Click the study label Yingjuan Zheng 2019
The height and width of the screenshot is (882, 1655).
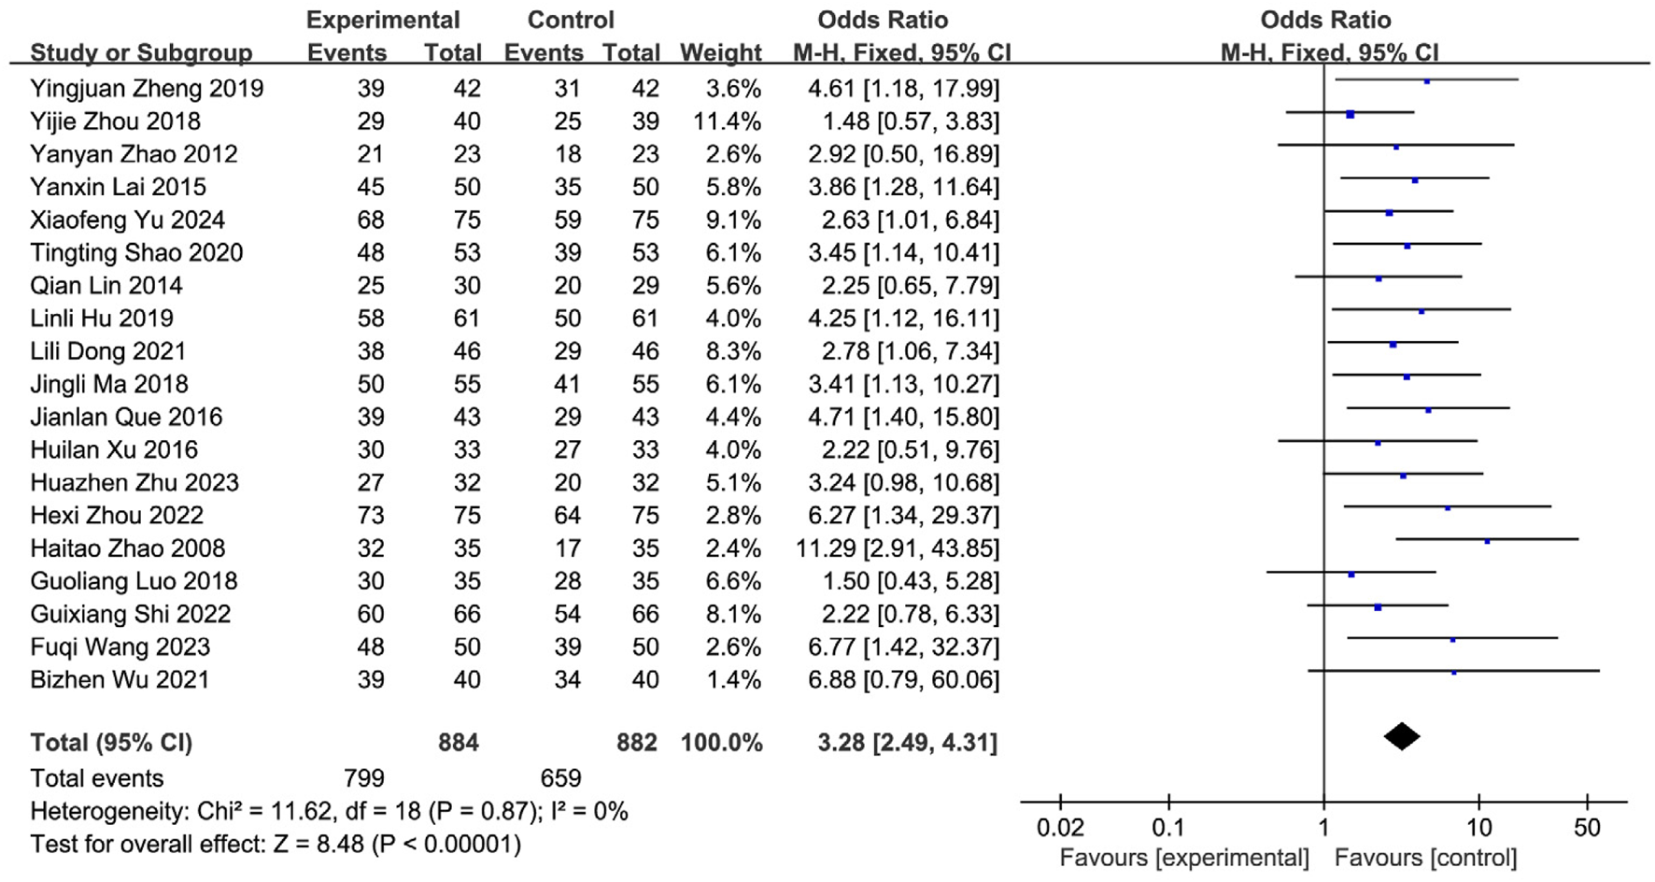tap(147, 89)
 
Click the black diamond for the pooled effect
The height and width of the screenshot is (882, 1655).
tap(1401, 737)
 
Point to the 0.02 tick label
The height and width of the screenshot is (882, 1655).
tap(1060, 828)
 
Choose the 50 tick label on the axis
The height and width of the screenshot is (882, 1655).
tap(1587, 828)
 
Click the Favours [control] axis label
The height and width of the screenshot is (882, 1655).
tap(1425, 858)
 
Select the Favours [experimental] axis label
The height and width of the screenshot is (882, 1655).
tap(1183, 858)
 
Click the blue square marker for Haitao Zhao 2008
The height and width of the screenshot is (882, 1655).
tap(1487, 541)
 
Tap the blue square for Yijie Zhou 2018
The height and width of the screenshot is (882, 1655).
tap(1351, 114)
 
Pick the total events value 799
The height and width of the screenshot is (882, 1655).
tap(363, 778)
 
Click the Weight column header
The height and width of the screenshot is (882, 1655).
tap(720, 52)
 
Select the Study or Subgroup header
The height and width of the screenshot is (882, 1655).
tap(141, 52)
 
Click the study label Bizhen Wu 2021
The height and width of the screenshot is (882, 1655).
tap(120, 679)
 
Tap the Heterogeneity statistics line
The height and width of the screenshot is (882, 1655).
tap(329, 811)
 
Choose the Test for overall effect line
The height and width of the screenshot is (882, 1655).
tap(276, 845)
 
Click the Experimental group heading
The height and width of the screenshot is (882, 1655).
tap(383, 20)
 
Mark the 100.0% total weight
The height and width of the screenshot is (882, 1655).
tap(721, 743)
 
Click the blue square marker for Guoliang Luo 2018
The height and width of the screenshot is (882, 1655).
tap(1351, 575)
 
